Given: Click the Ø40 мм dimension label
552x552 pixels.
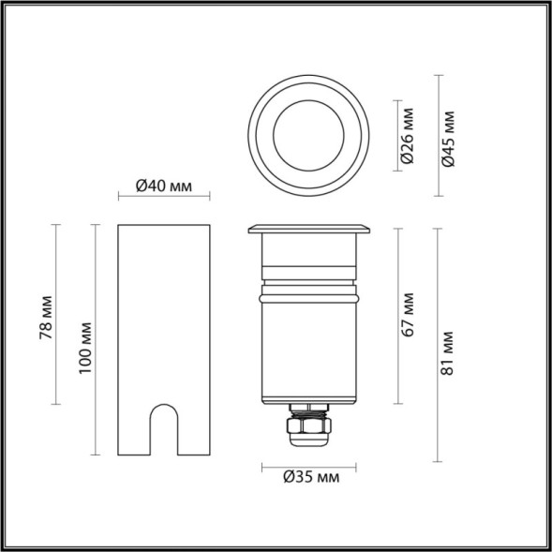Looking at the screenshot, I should pos(164,186).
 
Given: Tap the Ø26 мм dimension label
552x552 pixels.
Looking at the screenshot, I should pos(408,137).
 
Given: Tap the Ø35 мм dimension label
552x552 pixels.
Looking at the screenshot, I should pos(310,478).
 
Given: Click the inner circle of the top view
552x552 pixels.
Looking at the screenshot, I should pos(309,132).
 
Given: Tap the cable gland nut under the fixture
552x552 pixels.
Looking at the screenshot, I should pos(310,430).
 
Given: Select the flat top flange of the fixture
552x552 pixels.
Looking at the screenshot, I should pos(309,229).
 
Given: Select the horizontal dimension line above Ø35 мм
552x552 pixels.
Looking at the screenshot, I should pos(310,465).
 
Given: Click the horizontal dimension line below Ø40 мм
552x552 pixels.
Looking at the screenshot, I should pos(164,197).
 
